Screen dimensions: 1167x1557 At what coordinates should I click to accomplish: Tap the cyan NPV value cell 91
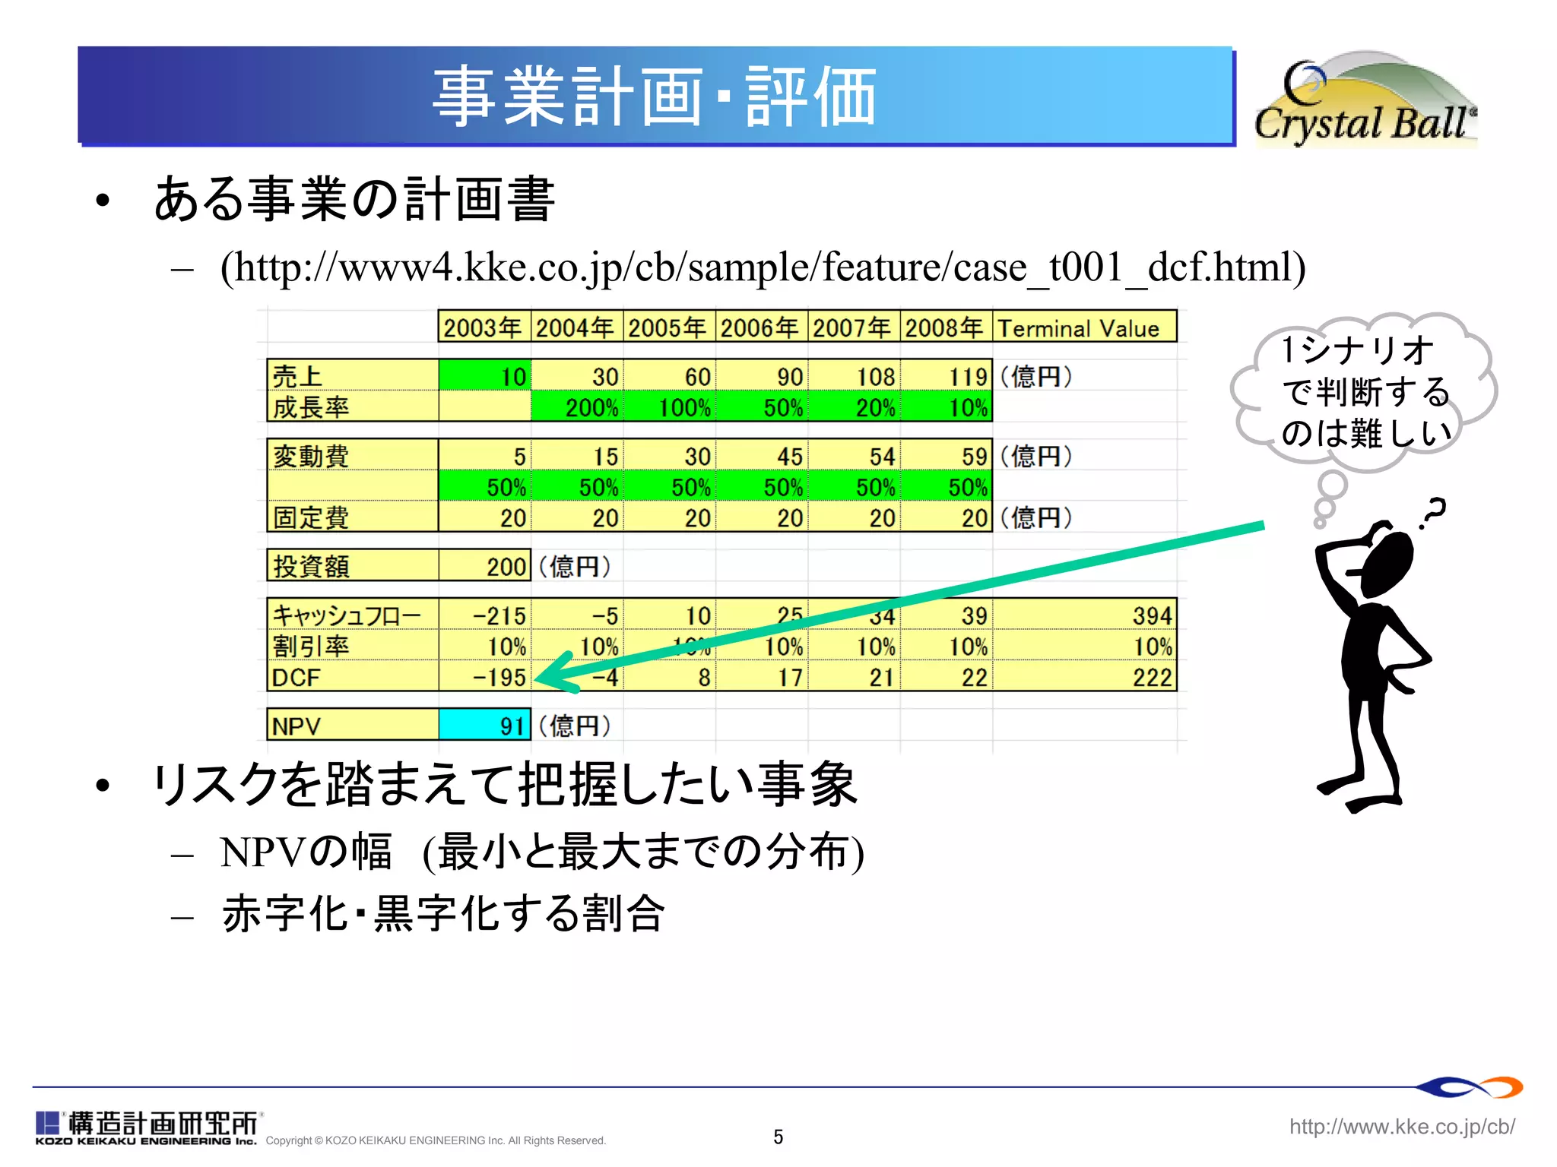[x=484, y=725]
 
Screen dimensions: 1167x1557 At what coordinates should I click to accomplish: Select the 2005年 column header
[x=668, y=327]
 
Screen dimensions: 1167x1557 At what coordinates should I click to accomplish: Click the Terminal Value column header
[x=1083, y=327]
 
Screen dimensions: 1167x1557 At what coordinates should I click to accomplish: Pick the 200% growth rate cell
[x=578, y=407]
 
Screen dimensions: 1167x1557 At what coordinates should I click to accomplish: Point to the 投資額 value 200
[x=485, y=566]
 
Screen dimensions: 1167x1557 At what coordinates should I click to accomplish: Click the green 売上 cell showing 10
[x=485, y=376]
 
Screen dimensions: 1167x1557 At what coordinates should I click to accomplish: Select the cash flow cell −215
[x=485, y=615]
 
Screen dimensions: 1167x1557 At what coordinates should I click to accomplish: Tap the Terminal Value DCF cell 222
[x=1083, y=676]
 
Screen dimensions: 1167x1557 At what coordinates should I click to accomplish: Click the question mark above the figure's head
[x=1432, y=513]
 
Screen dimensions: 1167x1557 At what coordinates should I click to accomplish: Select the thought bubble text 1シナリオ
[x=1357, y=350]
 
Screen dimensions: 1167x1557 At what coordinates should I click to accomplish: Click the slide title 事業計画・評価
[x=655, y=96]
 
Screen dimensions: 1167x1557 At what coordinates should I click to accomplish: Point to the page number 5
[x=778, y=1137]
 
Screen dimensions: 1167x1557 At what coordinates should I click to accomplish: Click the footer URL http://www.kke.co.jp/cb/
[x=1401, y=1126]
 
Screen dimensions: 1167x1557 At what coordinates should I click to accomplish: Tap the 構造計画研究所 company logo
[x=148, y=1126]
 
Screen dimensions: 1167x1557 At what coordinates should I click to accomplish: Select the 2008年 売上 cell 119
[x=947, y=376]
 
